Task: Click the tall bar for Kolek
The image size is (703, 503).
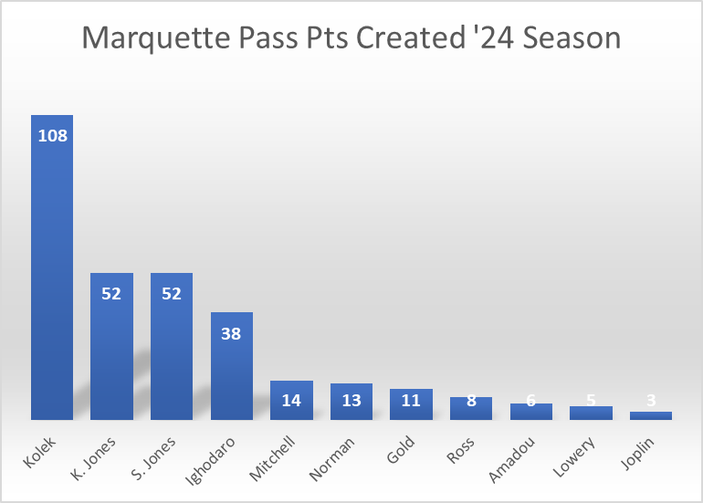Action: [x=52, y=274]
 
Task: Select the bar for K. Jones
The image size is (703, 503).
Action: [x=112, y=356]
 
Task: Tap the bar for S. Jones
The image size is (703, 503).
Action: [x=172, y=356]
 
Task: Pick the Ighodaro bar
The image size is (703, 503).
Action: [x=232, y=374]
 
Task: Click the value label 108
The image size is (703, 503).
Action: [x=52, y=136]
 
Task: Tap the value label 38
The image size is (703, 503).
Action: [x=232, y=333]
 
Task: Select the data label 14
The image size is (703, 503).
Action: [x=291, y=400]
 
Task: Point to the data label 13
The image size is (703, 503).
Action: [x=351, y=401]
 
